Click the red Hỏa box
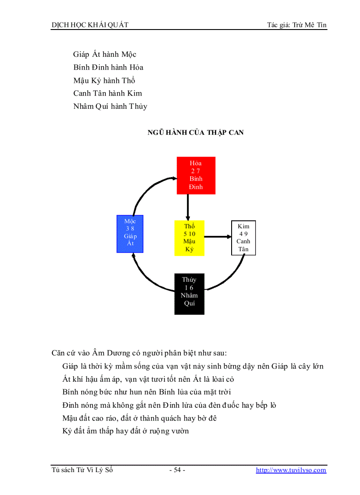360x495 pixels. [196, 175]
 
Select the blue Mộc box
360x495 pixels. [130, 234]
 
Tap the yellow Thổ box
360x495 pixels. [189, 238]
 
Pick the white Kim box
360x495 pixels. [244, 238]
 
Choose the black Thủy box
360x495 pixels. [189, 294]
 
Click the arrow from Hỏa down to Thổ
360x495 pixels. [188, 207]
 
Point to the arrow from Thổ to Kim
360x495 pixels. [218, 237]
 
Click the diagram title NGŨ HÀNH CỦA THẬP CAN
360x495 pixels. [195, 132]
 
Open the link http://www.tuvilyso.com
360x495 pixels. [291, 470]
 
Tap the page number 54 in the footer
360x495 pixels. [177, 470]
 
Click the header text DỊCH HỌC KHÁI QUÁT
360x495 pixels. [90, 25]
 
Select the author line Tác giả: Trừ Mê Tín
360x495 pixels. [297, 25]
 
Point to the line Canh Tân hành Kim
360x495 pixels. [108, 93]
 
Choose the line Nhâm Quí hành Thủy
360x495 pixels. [110, 106]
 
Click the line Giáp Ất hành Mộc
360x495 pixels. [105, 55]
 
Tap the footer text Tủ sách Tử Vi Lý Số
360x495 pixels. [82, 470]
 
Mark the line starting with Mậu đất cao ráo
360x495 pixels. [139, 418]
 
